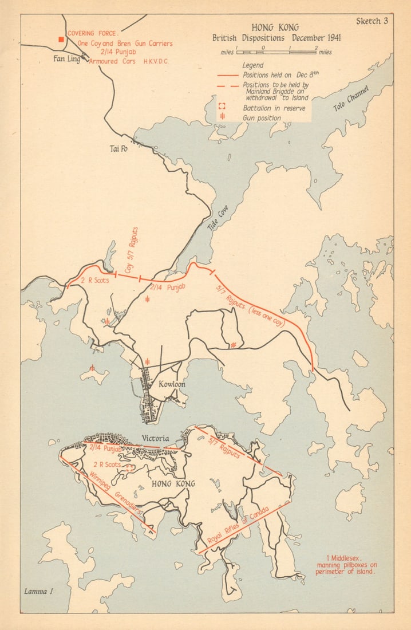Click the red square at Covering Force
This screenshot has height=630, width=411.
tap(60, 39)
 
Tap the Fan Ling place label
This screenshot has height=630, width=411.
tap(66, 58)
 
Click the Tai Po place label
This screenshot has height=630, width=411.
tap(118, 149)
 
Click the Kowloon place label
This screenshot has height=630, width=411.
tap(171, 384)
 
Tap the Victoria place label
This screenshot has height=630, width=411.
tap(155, 438)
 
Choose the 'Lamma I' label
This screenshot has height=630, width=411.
tap(37, 590)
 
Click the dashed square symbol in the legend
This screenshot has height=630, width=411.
tap(223, 107)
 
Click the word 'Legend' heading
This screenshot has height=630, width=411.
tap(252, 65)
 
